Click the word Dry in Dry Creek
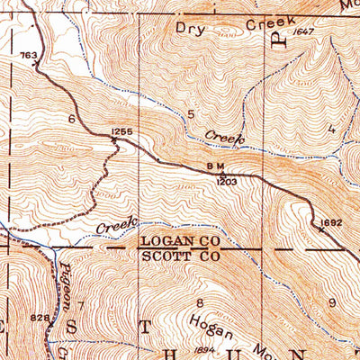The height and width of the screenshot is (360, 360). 192,28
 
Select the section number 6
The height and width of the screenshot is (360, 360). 70,119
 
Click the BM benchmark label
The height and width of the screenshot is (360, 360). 214,166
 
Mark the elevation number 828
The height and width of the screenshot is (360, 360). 39,318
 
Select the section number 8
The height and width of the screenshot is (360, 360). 199,303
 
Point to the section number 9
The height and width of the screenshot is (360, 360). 331,303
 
